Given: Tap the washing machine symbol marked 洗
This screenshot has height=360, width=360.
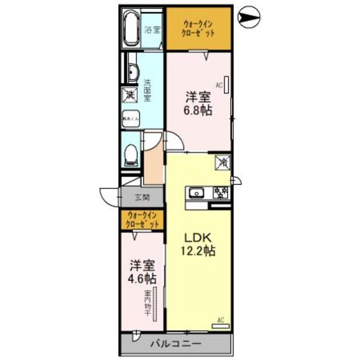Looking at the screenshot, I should point(129,95).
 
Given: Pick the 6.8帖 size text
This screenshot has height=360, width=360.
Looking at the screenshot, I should point(199,110).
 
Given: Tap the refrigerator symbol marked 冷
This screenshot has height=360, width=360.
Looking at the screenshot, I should point(223,163).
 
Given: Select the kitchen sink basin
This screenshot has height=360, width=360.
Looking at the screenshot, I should point(196,193).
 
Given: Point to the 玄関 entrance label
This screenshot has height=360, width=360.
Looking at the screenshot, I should point(142,197).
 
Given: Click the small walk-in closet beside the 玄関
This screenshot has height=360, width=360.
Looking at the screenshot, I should point(142,219).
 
